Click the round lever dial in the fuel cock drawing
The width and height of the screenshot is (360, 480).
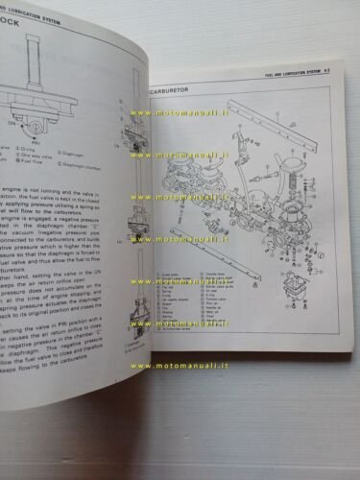click(x=38, y=123)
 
